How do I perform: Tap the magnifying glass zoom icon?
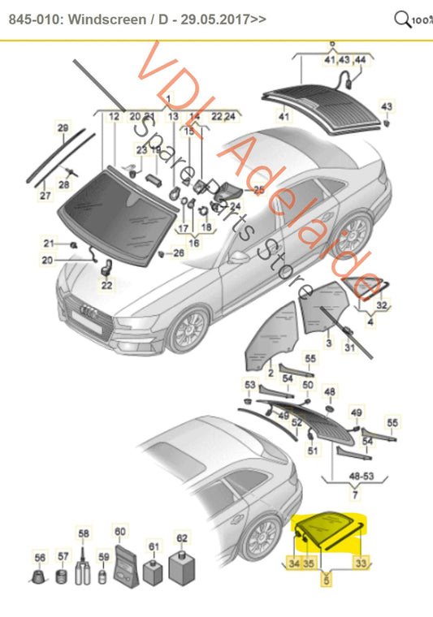point(402,19)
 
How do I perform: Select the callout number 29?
point(63,127)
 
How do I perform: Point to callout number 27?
point(45,196)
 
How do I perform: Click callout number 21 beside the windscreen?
point(49,244)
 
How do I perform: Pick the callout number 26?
point(179,252)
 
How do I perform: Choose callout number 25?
point(258,190)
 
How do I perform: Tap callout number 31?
point(350,348)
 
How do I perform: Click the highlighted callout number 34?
point(294,563)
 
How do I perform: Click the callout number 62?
point(182,537)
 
